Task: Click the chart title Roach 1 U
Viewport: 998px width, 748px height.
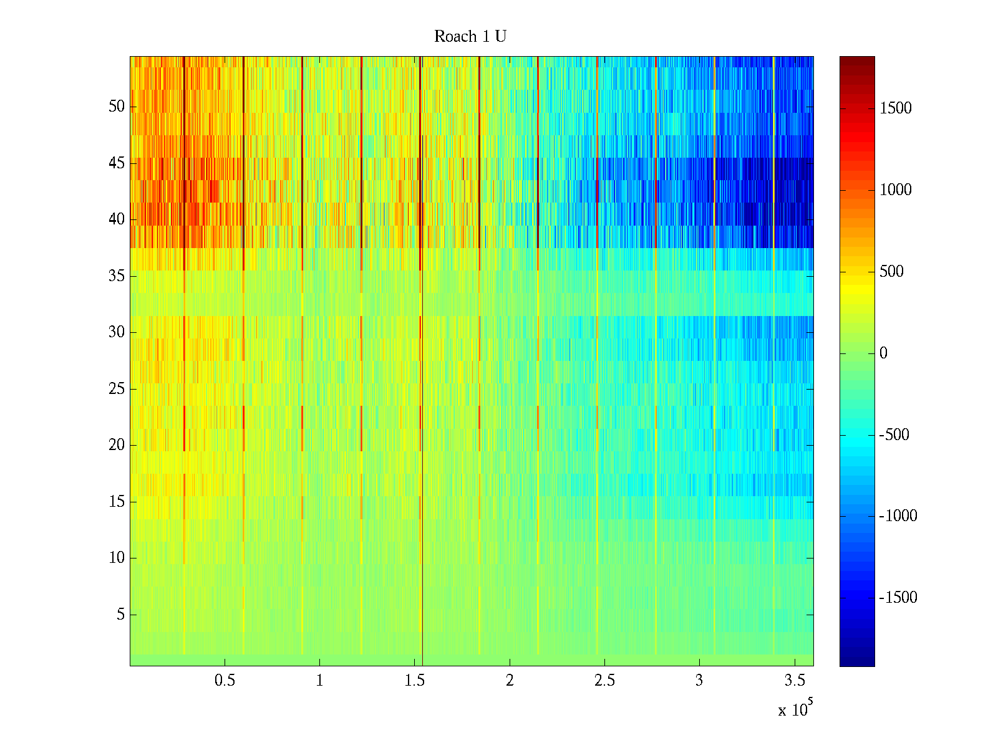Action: [x=470, y=37]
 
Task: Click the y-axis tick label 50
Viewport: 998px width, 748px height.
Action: [x=117, y=107]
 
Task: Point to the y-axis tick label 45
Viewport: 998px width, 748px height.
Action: [x=117, y=163]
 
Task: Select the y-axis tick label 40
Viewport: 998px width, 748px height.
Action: [x=117, y=219]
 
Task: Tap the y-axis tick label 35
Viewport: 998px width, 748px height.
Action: [x=117, y=276]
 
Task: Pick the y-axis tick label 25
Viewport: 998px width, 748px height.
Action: [x=117, y=389]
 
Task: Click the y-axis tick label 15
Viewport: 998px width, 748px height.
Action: [x=117, y=502]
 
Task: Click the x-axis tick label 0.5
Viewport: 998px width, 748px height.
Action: [x=225, y=681]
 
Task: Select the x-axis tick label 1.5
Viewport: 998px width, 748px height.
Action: [x=414, y=681]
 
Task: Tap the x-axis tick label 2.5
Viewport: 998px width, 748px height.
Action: [x=604, y=681]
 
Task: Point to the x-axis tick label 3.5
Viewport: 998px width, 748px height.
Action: [x=794, y=681]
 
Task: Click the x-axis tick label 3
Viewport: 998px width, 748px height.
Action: [x=699, y=681]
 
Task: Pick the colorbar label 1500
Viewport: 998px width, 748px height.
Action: [x=896, y=108]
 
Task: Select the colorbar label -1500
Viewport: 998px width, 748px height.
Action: [x=898, y=598]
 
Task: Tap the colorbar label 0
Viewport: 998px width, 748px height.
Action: [x=883, y=353]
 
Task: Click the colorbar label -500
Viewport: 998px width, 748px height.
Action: [x=894, y=435]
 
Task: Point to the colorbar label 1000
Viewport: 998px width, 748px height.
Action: [x=896, y=190]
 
